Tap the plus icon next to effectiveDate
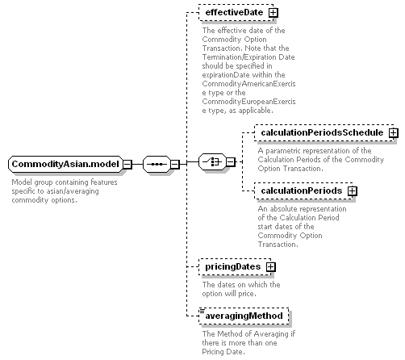tap(273, 13)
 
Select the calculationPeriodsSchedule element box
tap(324, 132)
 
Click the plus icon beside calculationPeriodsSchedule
tap(393, 133)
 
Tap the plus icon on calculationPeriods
tap(352, 191)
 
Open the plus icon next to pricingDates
tap(271, 267)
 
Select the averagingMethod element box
tap(244, 316)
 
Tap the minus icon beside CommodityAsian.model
tap(127, 164)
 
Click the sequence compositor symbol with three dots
tap(157, 164)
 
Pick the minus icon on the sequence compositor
tap(175, 164)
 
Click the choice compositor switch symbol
tap(212, 162)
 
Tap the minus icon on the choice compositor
tap(231, 162)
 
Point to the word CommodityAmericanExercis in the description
tap(248, 84)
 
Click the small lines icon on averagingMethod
tap(202, 311)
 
